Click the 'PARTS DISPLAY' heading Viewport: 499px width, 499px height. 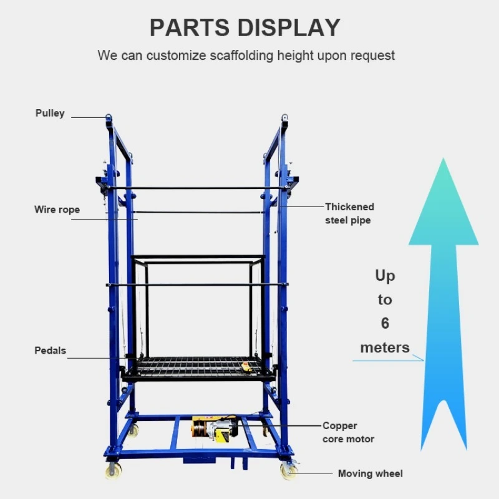coord(245,27)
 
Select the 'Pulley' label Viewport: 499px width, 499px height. coord(50,114)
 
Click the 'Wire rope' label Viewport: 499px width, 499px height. coord(57,210)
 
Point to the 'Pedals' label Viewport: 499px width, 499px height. coord(50,351)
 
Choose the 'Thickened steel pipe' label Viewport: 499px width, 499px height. coord(349,213)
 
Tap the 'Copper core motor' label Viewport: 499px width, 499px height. coord(348,432)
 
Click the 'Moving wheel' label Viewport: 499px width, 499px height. coord(370,473)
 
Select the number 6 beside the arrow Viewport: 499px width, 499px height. coord(385,323)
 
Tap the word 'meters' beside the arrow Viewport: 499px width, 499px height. coord(385,347)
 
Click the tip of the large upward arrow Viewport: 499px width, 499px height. coord(443,163)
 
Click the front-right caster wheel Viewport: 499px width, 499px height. coord(288,471)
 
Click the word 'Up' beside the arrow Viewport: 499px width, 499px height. coord(385,276)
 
